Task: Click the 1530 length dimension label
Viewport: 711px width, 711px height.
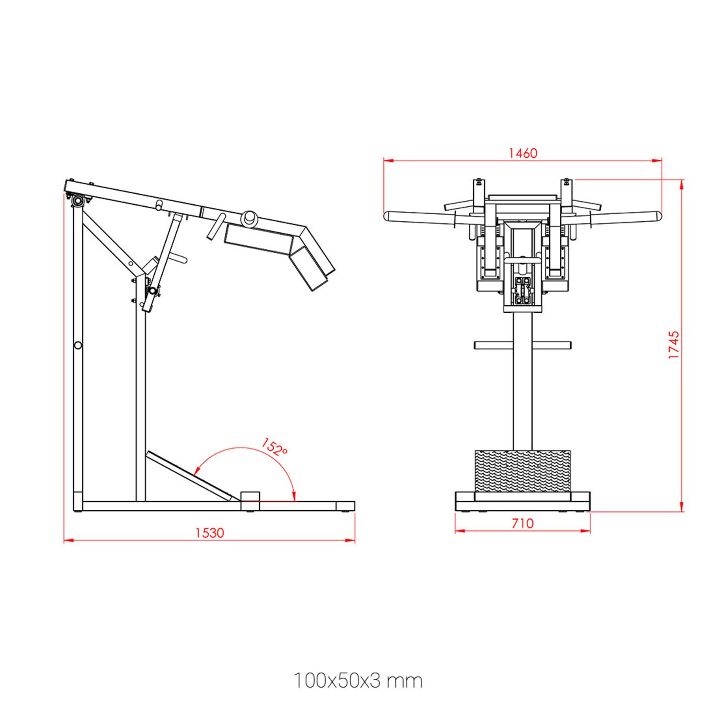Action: click(x=210, y=532)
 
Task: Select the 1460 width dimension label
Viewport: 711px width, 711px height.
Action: click(x=523, y=153)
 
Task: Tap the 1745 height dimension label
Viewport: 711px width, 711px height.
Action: click(x=674, y=344)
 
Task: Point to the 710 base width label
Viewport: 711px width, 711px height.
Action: click(x=522, y=523)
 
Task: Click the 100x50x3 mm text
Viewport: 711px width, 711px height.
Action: click(x=358, y=680)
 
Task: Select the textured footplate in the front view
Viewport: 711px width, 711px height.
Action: click(x=523, y=471)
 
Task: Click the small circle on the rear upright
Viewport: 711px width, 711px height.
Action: click(x=78, y=345)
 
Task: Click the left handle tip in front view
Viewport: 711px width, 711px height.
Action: click(x=387, y=216)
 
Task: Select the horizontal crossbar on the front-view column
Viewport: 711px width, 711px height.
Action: click(x=523, y=345)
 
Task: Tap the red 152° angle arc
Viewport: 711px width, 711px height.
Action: click(x=249, y=449)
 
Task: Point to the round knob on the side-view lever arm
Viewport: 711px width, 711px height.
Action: click(x=249, y=218)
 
